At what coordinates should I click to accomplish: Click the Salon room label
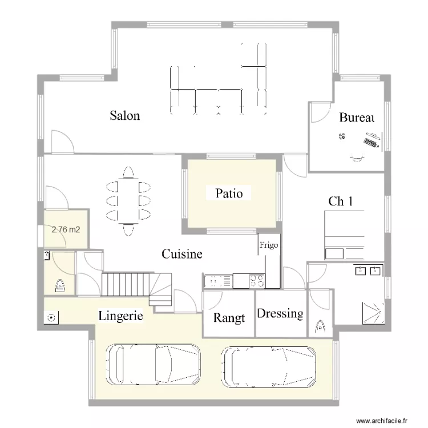coord(125,116)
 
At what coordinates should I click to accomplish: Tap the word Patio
coord(229,193)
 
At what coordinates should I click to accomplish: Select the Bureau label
coord(356,118)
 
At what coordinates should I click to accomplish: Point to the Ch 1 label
coord(341,201)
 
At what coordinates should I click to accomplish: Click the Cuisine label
coord(181,254)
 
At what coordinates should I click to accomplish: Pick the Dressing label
coord(280,313)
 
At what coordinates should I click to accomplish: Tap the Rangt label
coord(229,318)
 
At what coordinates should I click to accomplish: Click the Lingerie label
coord(120,315)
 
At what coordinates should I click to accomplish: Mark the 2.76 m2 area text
coord(66,231)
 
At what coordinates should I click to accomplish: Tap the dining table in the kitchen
coord(128,200)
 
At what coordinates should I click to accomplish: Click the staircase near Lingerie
coord(137,285)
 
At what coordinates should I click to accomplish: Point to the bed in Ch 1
coord(345,235)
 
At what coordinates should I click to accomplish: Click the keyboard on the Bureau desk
coord(372,141)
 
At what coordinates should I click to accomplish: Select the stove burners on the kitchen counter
coord(256,280)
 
